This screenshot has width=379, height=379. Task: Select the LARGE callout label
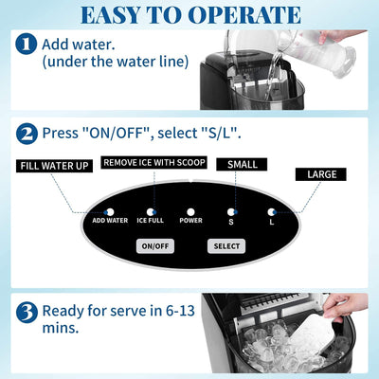point(322,174)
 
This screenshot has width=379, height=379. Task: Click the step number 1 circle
point(27,44)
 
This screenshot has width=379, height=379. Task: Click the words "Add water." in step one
point(81,44)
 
